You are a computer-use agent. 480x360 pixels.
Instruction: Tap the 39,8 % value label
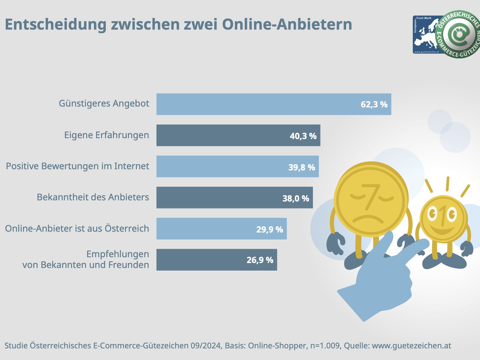(x=302, y=167)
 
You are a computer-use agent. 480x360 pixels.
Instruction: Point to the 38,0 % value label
(x=296, y=198)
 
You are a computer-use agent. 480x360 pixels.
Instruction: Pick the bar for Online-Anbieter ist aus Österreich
(x=208, y=229)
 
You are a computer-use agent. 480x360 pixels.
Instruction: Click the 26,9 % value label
(x=260, y=260)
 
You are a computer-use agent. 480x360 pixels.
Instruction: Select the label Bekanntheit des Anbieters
(x=93, y=197)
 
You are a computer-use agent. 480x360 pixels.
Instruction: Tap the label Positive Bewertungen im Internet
(x=78, y=166)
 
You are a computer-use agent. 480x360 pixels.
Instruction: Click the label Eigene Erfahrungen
(x=106, y=135)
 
